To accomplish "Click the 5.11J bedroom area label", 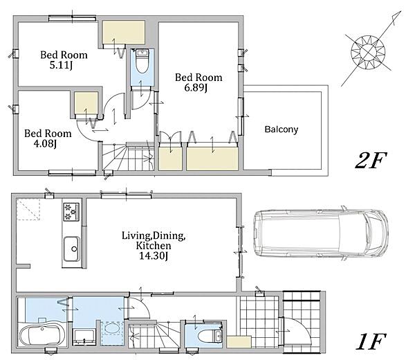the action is (x=61, y=65).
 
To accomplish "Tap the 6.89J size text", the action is (x=196, y=88).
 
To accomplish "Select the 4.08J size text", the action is (x=45, y=143).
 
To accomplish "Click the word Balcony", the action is (x=282, y=129).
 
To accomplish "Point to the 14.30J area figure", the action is (x=154, y=256).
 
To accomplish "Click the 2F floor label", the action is (x=371, y=161).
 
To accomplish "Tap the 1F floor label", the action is (x=371, y=341).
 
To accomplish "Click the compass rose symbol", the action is (x=368, y=52).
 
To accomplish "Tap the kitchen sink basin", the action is (x=71, y=249).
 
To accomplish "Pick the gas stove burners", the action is (x=71, y=211).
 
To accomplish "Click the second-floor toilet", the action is (x=142, y=62).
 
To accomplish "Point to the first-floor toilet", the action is (x=210, y=336).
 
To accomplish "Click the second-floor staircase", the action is (x=128, y=157).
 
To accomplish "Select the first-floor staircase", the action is (x=154, y=336).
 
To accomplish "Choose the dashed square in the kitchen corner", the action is (x=28, y=210).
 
